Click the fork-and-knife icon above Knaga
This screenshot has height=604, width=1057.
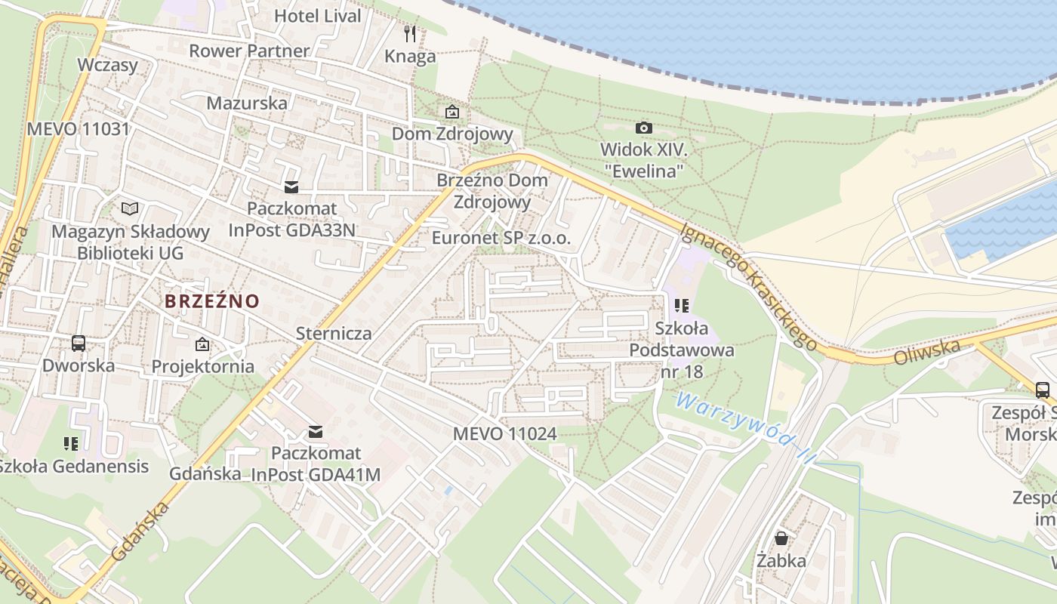coord(410,33)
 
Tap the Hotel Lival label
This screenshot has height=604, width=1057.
coord(317,15)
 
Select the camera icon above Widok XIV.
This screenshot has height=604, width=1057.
coord(643,128)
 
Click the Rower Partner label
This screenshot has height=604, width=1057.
coord(249,51)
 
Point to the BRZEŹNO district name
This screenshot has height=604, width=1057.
coord(212,301)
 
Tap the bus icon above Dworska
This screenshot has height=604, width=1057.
coord(78,344)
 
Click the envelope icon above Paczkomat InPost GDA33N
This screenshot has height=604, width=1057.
coord(291,186)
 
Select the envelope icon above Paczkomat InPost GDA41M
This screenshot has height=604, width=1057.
coord(316,432)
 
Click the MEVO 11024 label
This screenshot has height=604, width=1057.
coord(504,433)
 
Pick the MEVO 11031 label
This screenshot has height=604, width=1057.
coord(79,128)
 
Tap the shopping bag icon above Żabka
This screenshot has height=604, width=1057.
coord(781,538)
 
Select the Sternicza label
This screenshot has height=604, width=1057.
coord(334,333)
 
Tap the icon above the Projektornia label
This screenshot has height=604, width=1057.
coord(202,344)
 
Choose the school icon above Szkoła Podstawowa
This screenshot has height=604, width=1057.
coord(682,306)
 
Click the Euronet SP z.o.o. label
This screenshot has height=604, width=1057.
coord(501,238)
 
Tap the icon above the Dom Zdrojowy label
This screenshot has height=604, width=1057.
coord(451,112)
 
